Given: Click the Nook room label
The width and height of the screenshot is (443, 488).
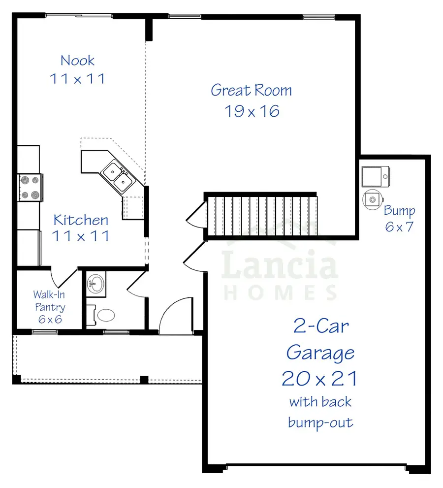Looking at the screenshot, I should coord(77,61).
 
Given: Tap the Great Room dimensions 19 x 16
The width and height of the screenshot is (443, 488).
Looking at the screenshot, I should coord(252,111).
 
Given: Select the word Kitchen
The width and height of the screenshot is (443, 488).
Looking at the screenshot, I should coord(81,220).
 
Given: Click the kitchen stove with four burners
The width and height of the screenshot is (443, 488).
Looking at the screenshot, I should coord(29,188).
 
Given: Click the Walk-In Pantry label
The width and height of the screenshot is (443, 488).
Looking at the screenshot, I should coord(49,301).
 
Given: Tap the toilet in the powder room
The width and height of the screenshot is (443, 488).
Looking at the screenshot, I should coord(105,315).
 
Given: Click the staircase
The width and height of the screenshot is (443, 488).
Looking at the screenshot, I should coord(261,215).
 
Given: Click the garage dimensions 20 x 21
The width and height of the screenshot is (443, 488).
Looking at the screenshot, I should coord(320,379).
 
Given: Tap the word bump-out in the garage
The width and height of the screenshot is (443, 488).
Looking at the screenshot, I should coord(320,423).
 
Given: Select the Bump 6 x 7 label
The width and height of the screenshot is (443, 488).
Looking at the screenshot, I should coord(399,219).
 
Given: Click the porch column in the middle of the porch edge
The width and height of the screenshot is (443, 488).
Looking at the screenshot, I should coord(144,379).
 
